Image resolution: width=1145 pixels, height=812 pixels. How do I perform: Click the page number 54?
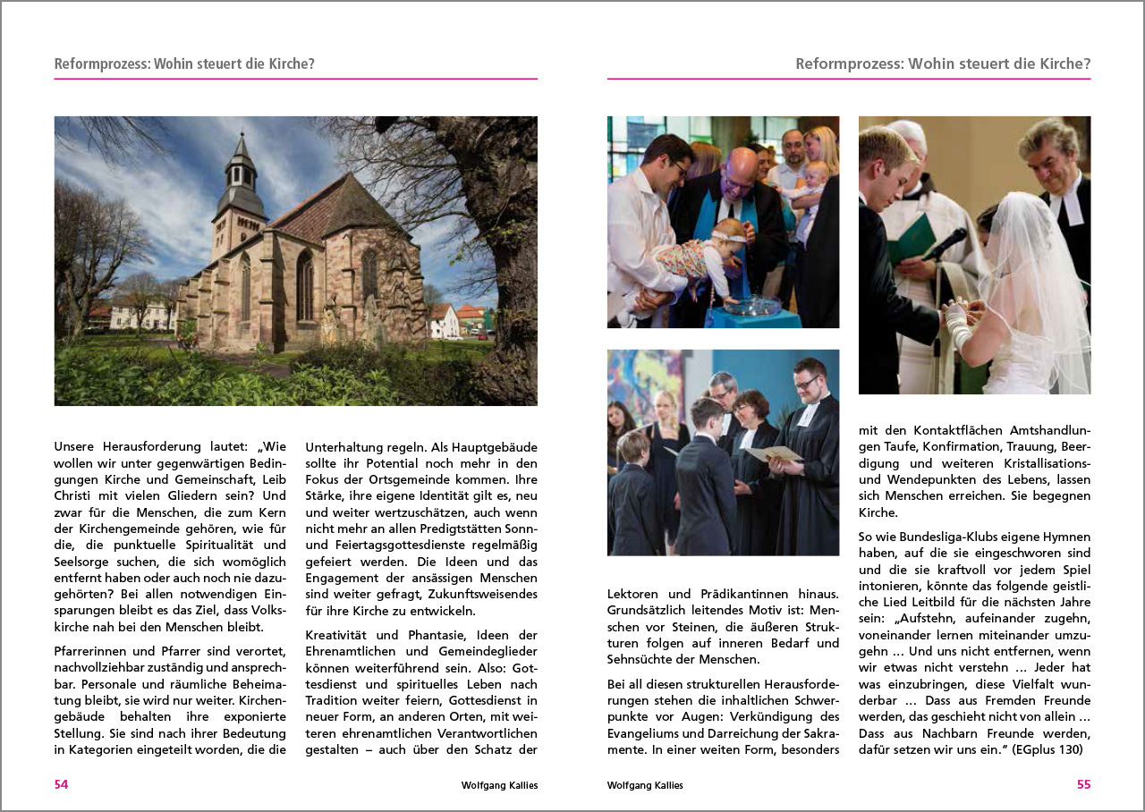(61, 785)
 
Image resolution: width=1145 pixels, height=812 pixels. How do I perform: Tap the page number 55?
(1083, 785)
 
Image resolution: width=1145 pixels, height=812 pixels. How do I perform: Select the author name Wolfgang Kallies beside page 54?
(499, 785)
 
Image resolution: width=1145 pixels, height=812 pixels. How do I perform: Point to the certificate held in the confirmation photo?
(775, 453)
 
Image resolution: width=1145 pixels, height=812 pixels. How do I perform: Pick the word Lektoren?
(635, 594)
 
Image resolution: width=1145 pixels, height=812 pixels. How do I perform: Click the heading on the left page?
(184, 64)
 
